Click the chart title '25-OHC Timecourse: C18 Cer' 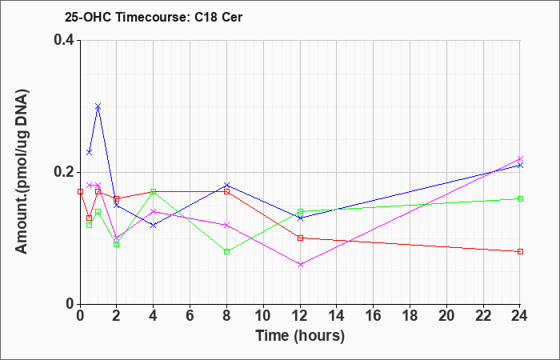(x=154, y=17)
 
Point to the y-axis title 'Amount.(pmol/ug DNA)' (x=22, y=172)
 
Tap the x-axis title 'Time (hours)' (x=300, y=336)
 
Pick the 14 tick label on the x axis (x=337, y=316)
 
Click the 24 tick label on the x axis (x=520, y=316)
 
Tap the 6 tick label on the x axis (x=190, y=316)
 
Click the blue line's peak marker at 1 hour (x=98, y=106)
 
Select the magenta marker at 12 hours (x=300, y=265)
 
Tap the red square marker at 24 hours (x=520, y=251)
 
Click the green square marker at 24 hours (x=520, y=198)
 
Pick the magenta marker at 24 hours (x=520, y=158)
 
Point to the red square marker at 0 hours (x=80, y=191)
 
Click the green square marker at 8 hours (x=226, y=251)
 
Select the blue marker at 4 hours (x=154, y=225)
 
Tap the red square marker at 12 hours (x=300, y=238)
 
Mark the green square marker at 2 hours (x=117, y=244)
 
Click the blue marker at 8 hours (x=226, y=185)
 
